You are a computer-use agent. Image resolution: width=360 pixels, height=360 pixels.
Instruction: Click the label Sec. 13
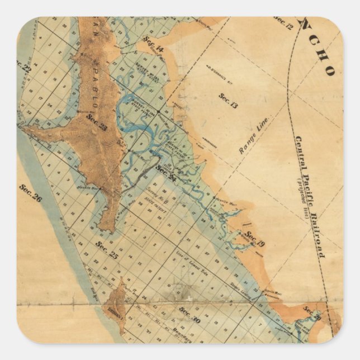[x=228, y=100]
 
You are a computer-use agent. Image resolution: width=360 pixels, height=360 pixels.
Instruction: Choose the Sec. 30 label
[x=190, y=311]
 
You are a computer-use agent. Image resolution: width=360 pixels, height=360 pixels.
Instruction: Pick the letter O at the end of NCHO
[x=331, y=70]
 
